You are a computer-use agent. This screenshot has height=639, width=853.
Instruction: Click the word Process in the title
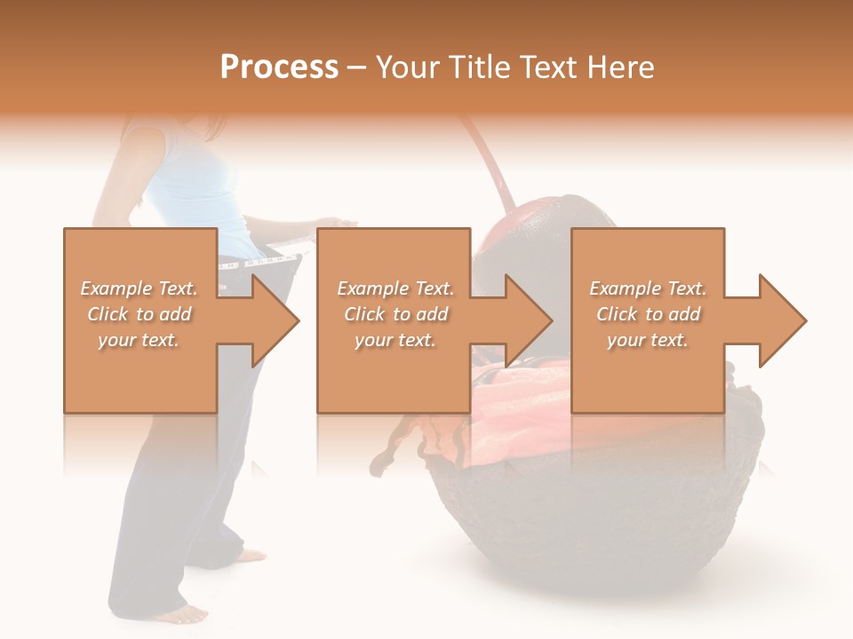coord(279,67)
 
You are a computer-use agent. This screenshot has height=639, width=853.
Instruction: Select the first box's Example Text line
coord(139,288)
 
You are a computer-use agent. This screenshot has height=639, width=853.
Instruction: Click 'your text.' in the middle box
coord(395,340)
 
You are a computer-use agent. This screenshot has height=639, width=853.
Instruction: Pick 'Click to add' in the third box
coord(648,314)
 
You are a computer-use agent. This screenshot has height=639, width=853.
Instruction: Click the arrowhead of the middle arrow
coord(533,320)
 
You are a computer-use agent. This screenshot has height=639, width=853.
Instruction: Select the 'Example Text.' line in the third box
coord(648,288)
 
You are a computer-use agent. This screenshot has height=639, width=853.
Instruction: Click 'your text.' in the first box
coord(139,340)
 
